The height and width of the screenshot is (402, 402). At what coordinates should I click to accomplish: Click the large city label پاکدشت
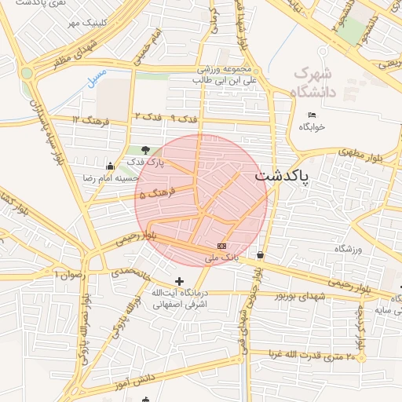point(282,177)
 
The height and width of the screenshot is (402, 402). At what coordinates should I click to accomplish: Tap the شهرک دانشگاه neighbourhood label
point(312,82)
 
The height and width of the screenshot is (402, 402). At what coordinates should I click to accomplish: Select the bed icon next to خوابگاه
point(312,115)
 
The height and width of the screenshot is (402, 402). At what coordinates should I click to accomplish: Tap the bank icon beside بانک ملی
point(222,246)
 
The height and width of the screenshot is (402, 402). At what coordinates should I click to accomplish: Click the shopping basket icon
point(260,254)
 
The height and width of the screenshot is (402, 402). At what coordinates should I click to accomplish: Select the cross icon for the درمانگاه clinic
point(180,281)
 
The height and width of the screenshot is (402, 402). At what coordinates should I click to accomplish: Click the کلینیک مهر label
point(86,23)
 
